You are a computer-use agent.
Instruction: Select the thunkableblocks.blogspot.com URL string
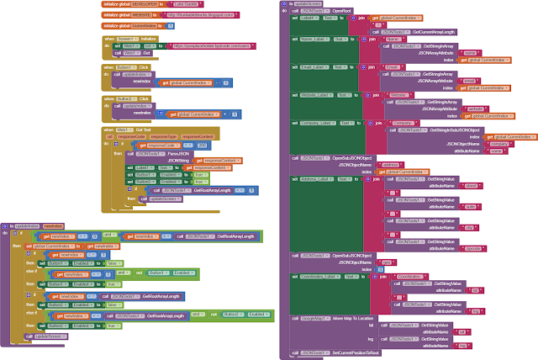194,15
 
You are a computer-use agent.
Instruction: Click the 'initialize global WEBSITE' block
127,15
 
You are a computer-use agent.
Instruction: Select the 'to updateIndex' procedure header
23,225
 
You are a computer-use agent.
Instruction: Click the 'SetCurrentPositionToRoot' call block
336,352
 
